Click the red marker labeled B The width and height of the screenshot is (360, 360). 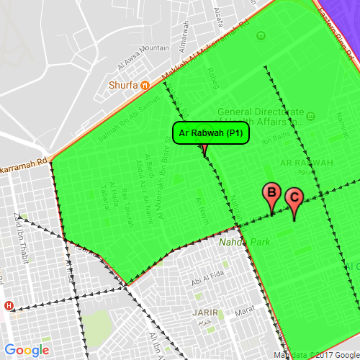pyautogui.click(x=271, y=194)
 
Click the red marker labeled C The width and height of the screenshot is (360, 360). pyautogui.click(x=294, y=198)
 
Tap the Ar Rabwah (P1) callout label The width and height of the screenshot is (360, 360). pyautogui.click(x=210, y=133)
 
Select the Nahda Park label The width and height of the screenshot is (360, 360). pyautogui.click(x=244, y=243)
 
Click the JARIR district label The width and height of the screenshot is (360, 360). pyautogui.click(x=205, y=313)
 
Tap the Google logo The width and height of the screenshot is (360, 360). pyautogui.click(x=27, y=351)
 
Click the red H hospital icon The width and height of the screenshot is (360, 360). pyautogui.click(x=9, y=305)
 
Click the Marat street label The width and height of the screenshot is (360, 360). pyautogui.click(x=246, y=309)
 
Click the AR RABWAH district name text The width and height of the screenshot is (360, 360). pyautogui.click(x=307, y=164)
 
